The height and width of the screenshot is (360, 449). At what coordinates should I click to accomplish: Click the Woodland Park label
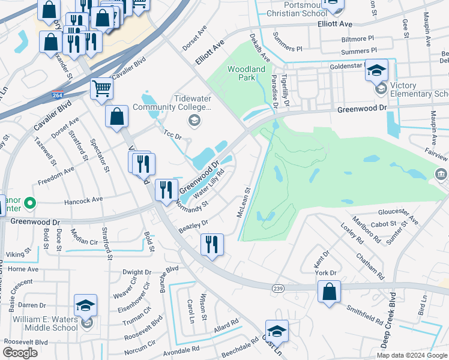click(246, 73)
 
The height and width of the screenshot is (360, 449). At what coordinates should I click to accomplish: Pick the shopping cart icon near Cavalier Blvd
click(102, 89)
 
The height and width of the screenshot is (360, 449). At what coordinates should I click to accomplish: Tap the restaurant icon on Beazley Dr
click(212, 244)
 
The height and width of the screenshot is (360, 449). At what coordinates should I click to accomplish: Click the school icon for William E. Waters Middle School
click(85, 305)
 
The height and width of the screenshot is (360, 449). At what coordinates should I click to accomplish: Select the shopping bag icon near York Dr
click(329, 292)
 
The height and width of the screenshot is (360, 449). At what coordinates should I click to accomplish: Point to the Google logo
click(20, 353)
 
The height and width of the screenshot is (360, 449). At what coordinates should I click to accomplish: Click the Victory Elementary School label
click(419, 90)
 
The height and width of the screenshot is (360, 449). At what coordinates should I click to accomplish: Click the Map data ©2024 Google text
click(412, 355)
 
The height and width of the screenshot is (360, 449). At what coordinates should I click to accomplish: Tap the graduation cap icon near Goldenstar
click(376, 72)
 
